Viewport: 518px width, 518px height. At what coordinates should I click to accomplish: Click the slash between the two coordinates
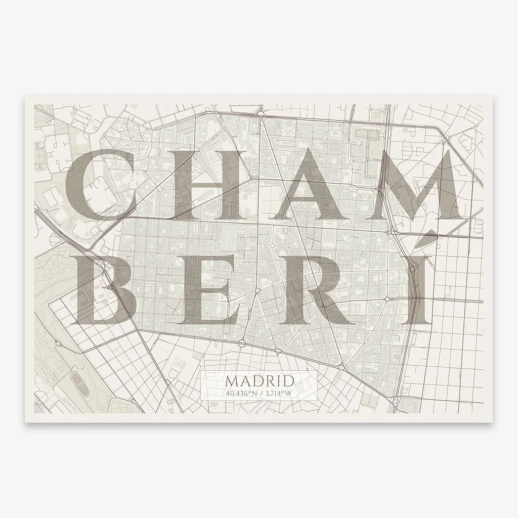pos(260,392)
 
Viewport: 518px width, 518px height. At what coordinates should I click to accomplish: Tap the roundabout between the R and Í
pos(387,299)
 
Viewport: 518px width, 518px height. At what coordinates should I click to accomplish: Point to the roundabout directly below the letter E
pos(242,343)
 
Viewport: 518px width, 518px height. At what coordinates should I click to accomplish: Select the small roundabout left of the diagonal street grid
pos(58,343)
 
